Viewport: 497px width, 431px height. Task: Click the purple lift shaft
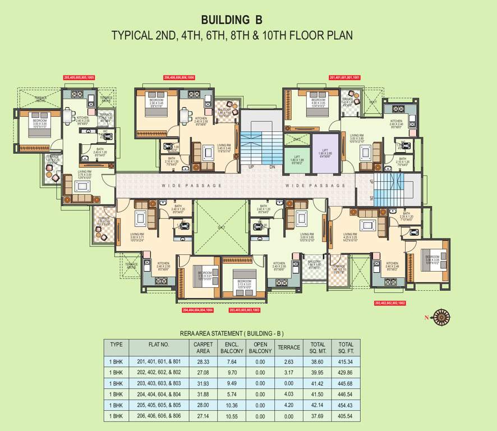coord(325,153)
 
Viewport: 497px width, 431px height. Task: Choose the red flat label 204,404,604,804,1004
coord(197,310)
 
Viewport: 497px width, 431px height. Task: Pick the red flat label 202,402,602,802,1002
coord(389,302)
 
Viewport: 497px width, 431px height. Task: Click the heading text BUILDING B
coord(232,21)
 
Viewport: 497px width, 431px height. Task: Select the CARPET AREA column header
coord(203,347)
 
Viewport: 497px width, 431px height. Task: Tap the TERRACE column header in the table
coord(289,347)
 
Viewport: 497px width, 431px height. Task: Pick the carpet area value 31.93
coord(203,384)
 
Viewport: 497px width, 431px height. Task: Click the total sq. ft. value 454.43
coord(346,405)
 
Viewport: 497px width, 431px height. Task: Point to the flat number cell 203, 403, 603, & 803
coord(159,384)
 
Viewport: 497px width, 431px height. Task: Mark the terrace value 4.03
coord(289,395)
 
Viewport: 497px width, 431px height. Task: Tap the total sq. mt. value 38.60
coord(317,363)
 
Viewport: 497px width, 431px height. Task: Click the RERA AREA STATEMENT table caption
coord(232,333)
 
